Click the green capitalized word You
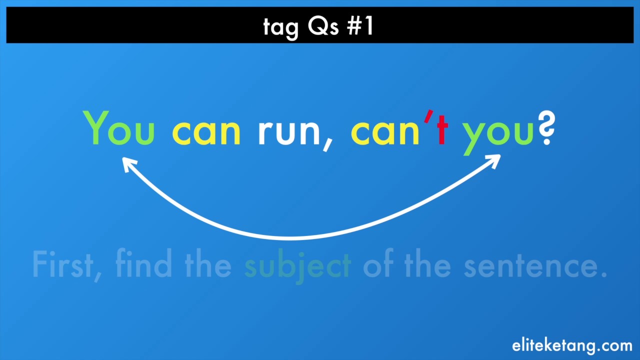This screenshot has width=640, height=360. [x=119, y=128]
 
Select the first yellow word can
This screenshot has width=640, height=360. [x=206, y=132]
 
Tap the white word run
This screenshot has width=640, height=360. [x=289, y=132]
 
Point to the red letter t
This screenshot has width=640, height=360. [x=442, y=130]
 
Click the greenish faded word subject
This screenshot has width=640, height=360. [x=297, y=266]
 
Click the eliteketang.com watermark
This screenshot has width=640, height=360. [x=572, y=345]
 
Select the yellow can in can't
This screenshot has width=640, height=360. [x=385, y=132]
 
